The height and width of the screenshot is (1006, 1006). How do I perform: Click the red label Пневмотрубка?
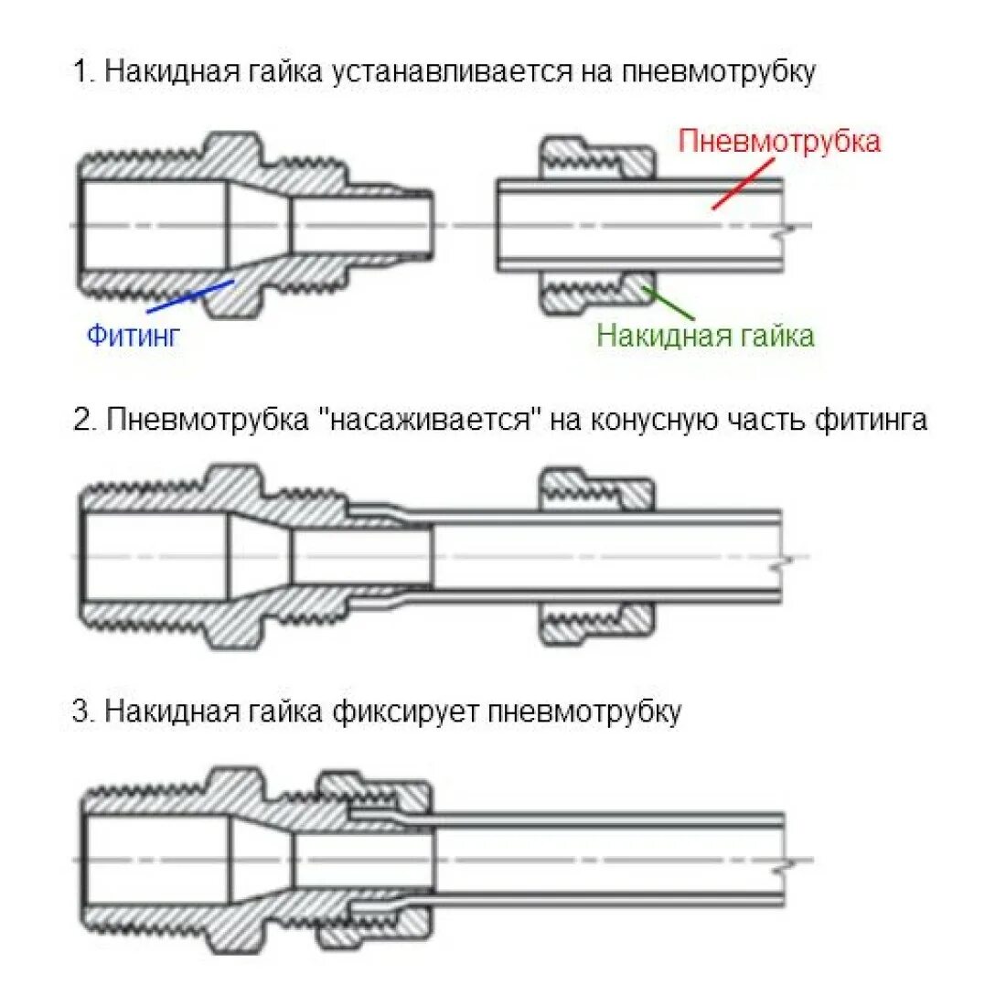tap(779, 141)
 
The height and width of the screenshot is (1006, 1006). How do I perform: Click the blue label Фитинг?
tap(134, 335)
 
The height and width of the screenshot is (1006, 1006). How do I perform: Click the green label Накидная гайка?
tap(705, 335)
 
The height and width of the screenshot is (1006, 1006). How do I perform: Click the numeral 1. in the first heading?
tap(84, 71)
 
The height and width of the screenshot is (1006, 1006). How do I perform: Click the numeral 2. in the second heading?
tap(85, 420)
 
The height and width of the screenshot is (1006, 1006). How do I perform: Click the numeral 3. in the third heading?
tap(84, 711)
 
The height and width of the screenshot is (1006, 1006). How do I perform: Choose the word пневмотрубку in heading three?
tap(584, 711)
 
